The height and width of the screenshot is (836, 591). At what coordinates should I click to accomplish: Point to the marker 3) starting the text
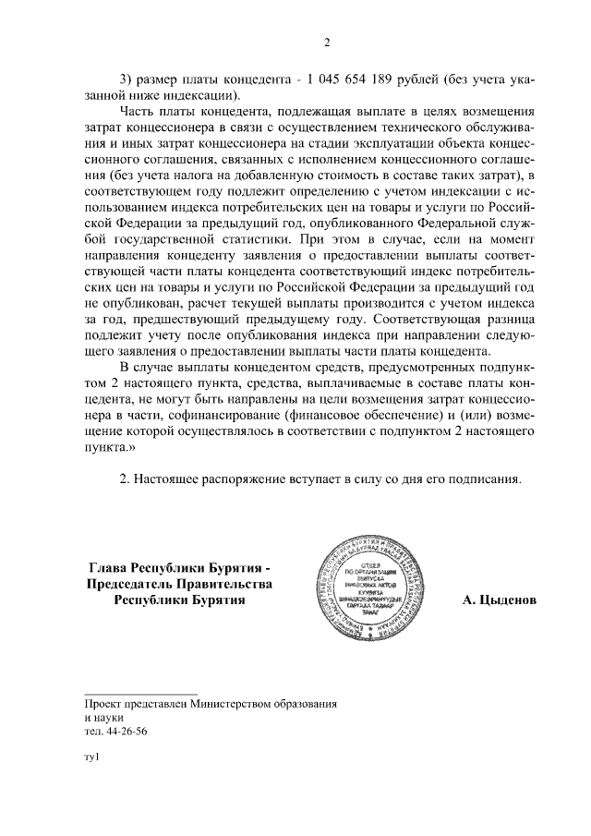[x=128, y=78]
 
